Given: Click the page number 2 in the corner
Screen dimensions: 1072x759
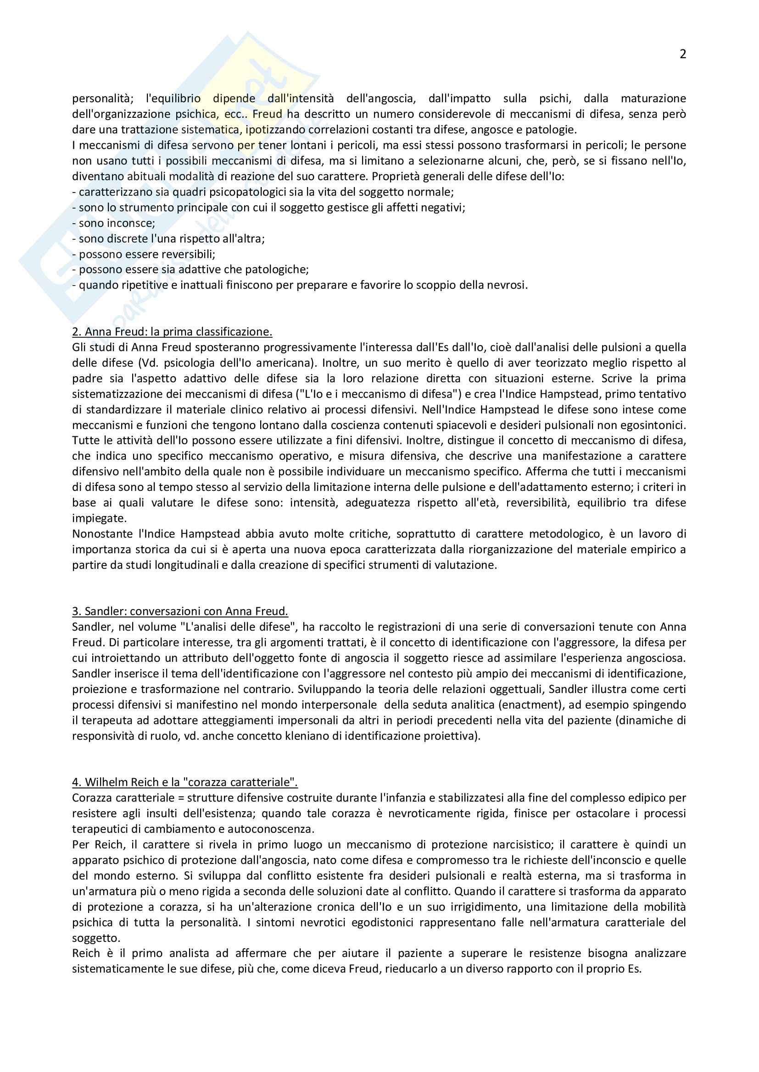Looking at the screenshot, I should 682,55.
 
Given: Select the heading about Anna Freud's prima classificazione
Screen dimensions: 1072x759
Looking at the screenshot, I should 172,332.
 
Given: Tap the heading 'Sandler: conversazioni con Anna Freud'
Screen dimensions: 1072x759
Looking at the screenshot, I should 180,612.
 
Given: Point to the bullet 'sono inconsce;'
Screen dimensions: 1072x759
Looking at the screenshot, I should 113,223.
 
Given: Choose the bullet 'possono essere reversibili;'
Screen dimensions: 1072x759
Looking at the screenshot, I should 144,254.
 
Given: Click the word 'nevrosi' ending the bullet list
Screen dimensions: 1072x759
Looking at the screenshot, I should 509,285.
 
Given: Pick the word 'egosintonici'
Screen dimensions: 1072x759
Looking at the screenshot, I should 654,425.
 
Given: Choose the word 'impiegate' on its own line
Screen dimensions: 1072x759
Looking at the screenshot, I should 99,519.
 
